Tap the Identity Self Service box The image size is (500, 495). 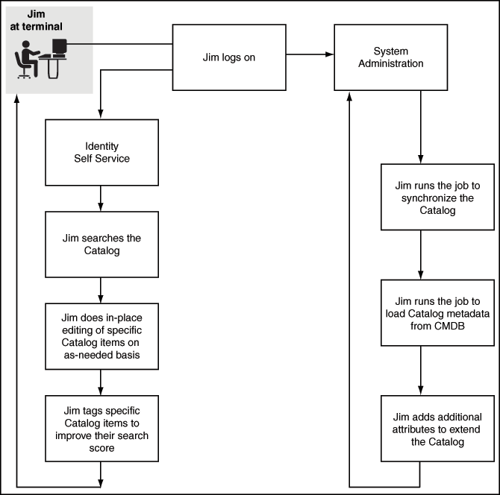point(100,153)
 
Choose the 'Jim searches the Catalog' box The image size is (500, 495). point(100,245)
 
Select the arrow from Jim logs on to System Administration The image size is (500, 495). point(309,54)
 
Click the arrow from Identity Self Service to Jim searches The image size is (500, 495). point(100,198)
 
